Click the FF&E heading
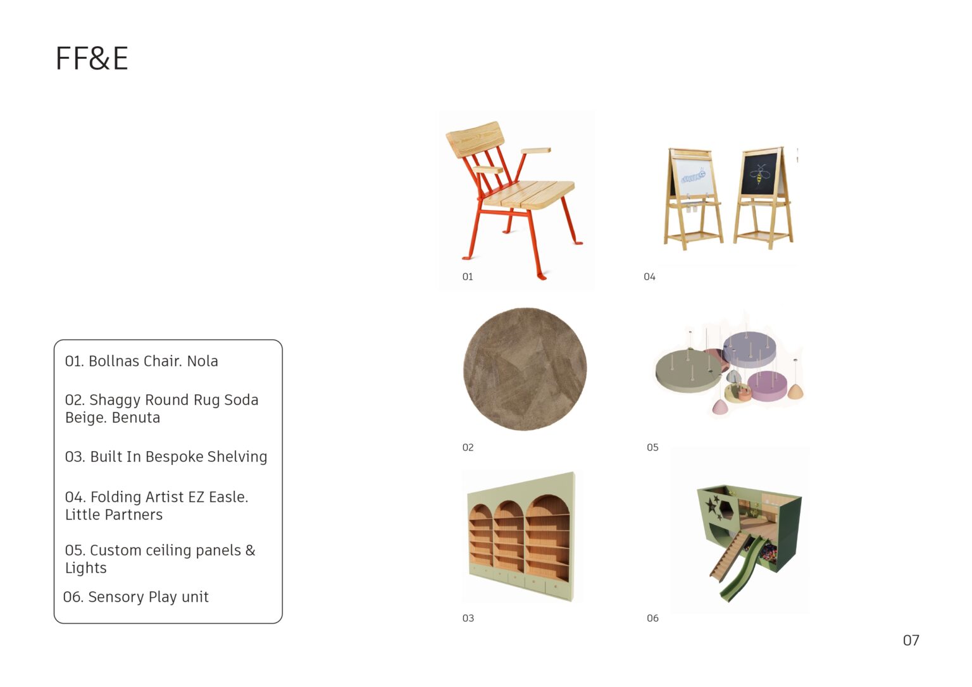pos(92,58)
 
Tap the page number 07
pos(911,641)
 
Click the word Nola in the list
pos(202,361)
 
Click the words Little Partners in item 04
pos(114,514)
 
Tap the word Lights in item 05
pos(85,568)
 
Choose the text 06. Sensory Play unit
pos(136,597)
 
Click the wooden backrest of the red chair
pos(475,139)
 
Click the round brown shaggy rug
pos(525,369)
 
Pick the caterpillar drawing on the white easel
pos(693,176)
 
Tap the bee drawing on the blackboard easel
pos(759,174)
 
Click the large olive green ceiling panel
pos(688,371)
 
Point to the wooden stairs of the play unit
pos(729,556)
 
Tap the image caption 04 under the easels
pos(649,276)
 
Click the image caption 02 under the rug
pos(468,447)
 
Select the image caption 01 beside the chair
pos(468,276)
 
